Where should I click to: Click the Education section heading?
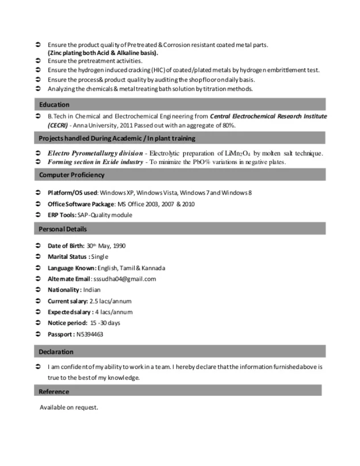coord(55,105)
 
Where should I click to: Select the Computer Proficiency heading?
coord(72,175)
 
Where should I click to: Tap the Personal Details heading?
coord(63,229)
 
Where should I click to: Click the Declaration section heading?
coord(56,352)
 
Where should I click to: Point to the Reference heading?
coord(54,391)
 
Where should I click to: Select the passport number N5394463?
coord(90,334)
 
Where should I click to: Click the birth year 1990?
coord(119,246)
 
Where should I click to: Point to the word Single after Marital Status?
coord(100,257)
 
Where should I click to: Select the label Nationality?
coord(64,290)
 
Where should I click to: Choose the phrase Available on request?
coord(69,407)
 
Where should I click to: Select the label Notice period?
coord(67,323)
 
